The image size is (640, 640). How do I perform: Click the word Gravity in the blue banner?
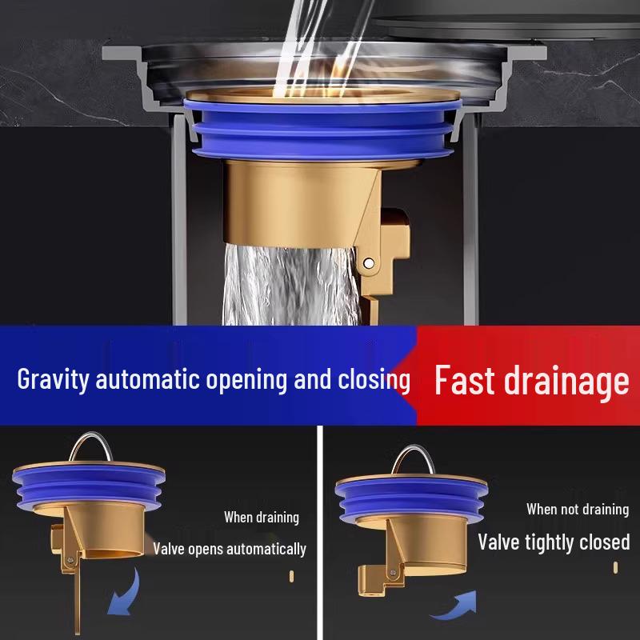[54, 378]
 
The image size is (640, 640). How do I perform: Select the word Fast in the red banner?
[466, 381]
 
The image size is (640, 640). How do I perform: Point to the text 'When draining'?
[261, 518]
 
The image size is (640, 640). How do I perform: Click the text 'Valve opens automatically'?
[230, 549]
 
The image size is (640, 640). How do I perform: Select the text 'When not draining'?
[577, 509]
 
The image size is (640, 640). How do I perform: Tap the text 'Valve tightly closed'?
[554, 542]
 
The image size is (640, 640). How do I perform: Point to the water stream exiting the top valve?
[288, 288]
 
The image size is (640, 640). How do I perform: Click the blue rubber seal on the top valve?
[328, 132]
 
